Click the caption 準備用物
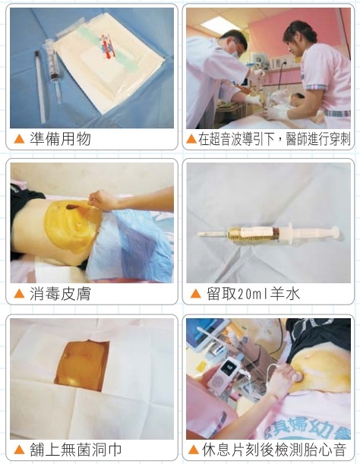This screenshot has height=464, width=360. [60, 138]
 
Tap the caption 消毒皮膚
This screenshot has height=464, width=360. [60, 294]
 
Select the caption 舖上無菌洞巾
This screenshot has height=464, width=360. [75, 450]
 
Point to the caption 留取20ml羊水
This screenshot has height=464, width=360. [253, 294]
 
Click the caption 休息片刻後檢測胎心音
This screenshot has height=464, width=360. [274, 450]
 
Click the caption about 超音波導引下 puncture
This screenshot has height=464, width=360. [274, 139]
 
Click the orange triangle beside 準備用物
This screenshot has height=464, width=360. [19, 138]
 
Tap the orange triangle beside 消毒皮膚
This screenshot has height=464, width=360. [19, 294]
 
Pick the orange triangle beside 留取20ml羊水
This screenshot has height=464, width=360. [196, 294]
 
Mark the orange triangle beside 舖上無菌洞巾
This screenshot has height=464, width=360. [19, 450]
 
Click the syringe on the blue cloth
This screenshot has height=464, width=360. [53, 71]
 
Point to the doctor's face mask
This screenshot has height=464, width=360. [235, 53]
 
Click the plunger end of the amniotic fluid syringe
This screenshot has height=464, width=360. [335, 232]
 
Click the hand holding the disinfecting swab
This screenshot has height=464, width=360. [102, 200]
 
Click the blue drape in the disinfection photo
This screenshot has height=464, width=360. [131, 245]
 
